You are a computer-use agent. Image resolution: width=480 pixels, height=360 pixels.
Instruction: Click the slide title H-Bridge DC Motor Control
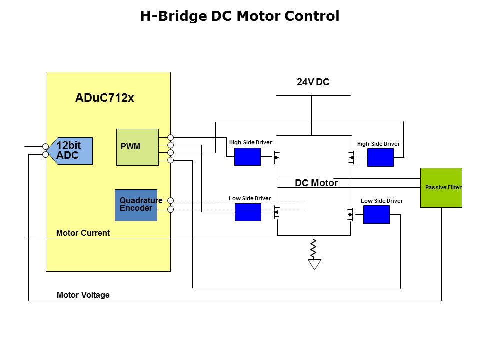[239, 16]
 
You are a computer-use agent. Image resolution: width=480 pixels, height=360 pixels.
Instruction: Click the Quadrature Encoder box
[136, 205]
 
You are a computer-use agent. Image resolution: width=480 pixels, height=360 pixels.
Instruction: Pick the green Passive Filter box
[441, 187]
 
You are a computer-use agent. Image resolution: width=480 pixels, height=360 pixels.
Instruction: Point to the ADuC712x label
[104, 98]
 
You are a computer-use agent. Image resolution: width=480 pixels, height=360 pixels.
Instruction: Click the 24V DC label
[313, 82]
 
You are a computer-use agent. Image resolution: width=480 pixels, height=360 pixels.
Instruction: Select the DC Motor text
[316, 183]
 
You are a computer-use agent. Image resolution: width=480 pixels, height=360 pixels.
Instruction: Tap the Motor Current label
[83, 233]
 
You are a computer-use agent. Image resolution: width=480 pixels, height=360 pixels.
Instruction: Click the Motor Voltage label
[83, 295]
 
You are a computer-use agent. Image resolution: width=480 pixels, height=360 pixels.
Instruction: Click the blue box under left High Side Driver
[247, 157]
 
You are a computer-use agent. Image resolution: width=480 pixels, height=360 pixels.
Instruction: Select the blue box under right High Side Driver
[380, 157]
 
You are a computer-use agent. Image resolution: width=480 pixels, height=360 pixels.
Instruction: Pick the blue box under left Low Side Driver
[248, 212]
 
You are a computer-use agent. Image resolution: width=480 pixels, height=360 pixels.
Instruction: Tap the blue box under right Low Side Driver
[376, 214]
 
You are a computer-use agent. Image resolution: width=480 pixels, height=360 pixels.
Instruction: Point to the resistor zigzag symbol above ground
[314, 247]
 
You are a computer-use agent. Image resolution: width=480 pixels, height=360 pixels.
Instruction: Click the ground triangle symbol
[314, 264]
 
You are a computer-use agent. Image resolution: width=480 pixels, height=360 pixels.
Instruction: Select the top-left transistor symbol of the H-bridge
[276, 158]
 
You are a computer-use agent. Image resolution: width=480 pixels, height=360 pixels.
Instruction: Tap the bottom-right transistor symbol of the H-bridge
[351, 215]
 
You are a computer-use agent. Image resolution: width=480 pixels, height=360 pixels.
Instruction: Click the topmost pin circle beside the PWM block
[170, 137]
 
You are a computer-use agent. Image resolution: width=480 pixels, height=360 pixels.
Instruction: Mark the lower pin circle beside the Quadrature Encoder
[170, 209]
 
